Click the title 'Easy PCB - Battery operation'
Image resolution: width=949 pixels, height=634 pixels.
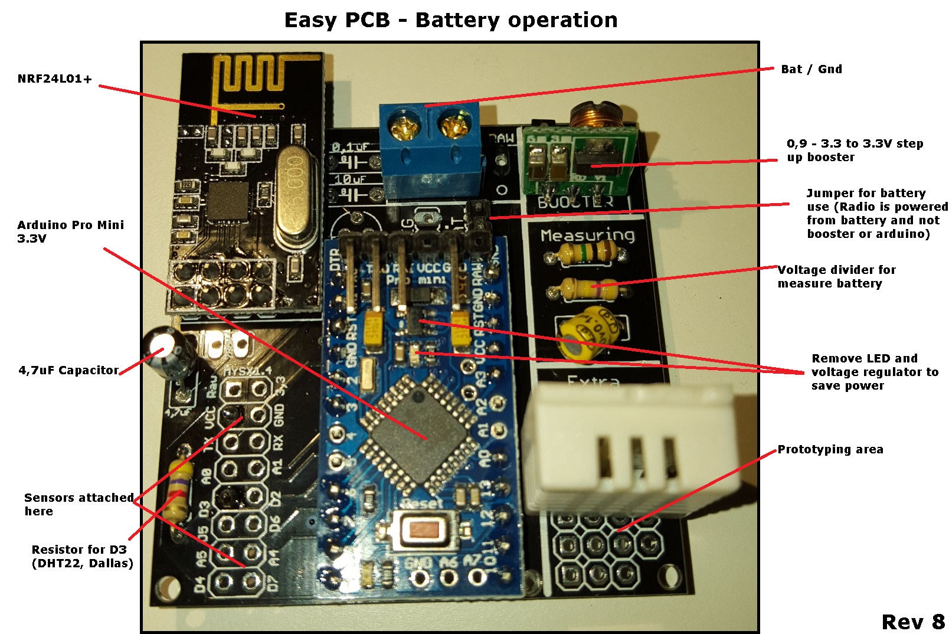click(x=450, y=20)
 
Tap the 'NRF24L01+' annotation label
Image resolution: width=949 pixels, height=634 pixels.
click(x=55, y=79)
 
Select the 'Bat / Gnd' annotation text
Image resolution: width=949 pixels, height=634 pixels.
click(x=811, y=69)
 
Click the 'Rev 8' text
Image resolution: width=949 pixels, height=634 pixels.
click(x=912, y=622)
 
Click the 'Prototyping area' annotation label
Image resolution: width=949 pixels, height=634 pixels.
click(x=830, y=449)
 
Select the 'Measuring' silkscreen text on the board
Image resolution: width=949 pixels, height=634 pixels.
click(x=587, y=235)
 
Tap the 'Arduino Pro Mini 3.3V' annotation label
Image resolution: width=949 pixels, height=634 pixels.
click(x=70, y=231)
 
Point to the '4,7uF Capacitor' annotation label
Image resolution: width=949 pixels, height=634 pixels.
click(x=68, y=370)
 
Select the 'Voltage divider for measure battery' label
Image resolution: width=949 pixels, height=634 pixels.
click(x=836, y=276)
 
